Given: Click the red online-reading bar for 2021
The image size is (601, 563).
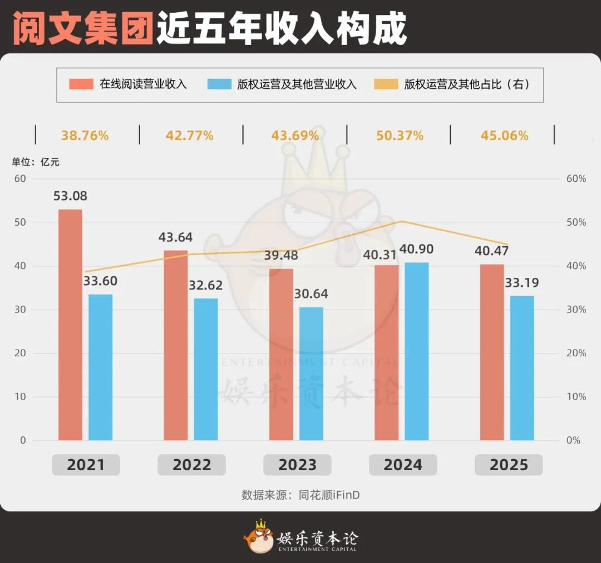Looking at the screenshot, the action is coord(70,325).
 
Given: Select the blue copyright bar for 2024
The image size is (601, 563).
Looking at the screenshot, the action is coord(417,351).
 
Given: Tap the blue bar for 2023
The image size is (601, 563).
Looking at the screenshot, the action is coord(311,373).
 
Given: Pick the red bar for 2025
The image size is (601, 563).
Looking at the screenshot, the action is coord(492,352).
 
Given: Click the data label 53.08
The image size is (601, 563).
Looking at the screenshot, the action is coord(70,196).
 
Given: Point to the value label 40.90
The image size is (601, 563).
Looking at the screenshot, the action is coord(416,249).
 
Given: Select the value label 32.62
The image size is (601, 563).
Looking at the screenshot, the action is coord(205,285).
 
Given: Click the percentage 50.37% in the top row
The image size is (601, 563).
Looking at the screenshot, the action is coord(400,136).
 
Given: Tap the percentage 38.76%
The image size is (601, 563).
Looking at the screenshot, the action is coord(85,136).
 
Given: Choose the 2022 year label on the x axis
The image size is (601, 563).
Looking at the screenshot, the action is coord(191,465).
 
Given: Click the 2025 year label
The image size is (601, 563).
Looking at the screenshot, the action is coord(509,465).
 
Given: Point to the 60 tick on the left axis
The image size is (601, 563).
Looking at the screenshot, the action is coord(20,179).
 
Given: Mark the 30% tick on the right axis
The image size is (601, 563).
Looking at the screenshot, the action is coord(576,310).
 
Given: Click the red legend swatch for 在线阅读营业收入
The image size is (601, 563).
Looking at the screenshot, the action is coord(81,84).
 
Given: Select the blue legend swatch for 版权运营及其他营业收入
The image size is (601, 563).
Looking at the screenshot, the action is coord(219,84).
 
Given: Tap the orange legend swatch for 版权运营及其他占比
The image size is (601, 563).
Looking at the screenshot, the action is coord(386,84).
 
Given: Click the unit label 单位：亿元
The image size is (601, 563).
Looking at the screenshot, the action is coord(36,162).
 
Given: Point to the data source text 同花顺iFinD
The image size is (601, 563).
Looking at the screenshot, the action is coord(329,495).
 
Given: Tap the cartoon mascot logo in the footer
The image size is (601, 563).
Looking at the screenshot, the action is coord(258,537).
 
